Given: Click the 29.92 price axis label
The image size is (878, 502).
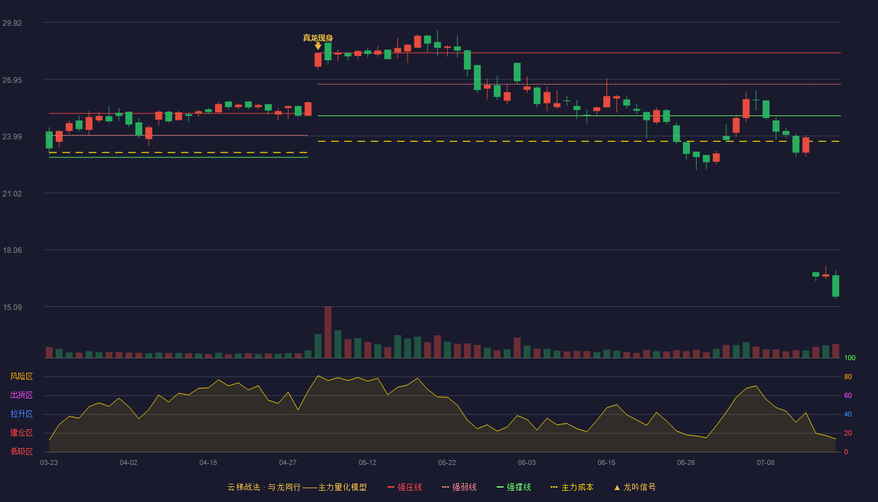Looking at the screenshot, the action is click(x=12, y=23).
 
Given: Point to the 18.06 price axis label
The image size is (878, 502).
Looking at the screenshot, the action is click(x=12, y=250).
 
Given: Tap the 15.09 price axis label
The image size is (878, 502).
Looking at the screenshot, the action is click(x=12, y=307).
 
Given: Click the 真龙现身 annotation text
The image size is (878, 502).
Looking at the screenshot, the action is click(x=318, y=38).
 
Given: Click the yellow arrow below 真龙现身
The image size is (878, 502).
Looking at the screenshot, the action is click(x=318, y=46).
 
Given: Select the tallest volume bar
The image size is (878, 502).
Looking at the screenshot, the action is click(x=328, y=332).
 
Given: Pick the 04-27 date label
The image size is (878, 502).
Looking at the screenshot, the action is click(x=288, y=463).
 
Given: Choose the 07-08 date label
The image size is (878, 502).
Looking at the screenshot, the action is click(x=766, y=463).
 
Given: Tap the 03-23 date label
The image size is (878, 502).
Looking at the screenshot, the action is click(x=49, y=463).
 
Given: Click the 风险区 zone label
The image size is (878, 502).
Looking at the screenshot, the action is click(x=21, y=376).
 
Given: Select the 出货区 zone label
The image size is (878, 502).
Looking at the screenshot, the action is click(x=21, y=395).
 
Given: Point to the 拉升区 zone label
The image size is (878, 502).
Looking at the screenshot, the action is click(x=21, y=414).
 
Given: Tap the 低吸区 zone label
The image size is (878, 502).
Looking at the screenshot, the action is click(x=21, y=451).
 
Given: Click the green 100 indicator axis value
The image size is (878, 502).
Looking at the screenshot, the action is click(x=850, y=358).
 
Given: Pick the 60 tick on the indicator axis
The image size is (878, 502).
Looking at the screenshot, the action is click(x=848, y=395).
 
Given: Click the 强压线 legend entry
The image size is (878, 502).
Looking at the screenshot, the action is click(x=405, y=487).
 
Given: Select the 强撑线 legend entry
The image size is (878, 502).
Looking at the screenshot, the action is click(x=514, y=487).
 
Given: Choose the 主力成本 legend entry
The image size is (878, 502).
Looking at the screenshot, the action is click(x=572, y=487).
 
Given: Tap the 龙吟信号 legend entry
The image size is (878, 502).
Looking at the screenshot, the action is click(x=635, y=487).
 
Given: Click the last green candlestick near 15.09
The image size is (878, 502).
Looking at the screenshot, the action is click(x=835, y=286).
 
